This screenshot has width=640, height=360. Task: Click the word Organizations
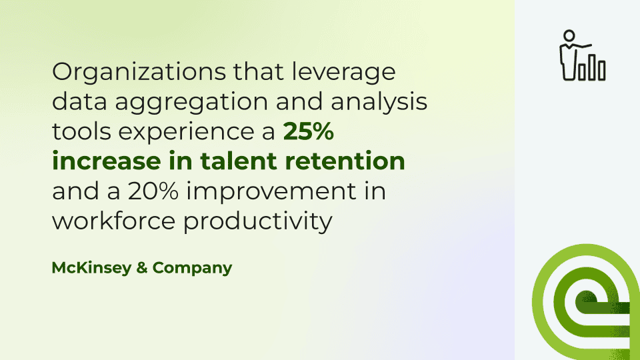[139, 72]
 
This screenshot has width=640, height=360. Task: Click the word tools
[81, 132]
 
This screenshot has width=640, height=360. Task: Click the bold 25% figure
[309, 131]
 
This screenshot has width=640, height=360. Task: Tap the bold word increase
[107, 161]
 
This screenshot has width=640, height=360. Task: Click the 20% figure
[153, 191]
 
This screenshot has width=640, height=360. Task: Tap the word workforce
[113, 221]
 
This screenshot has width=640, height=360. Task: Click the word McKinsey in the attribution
[91, 269]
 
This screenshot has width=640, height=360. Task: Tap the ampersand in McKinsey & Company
[141, 268]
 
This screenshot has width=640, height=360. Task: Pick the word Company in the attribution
[192, 269]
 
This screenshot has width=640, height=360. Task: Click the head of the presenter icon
[569, 35]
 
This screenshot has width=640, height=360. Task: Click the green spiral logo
[586, 302]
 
